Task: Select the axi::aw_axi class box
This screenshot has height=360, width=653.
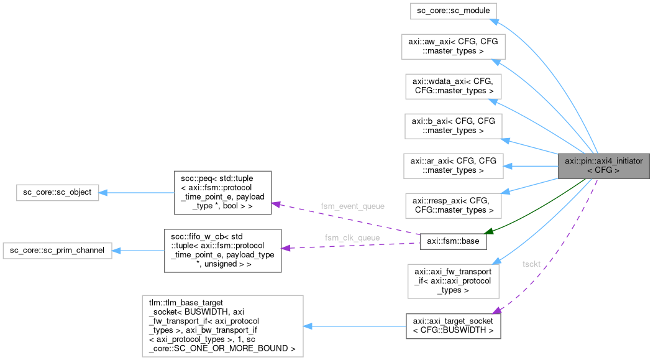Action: point(453,47)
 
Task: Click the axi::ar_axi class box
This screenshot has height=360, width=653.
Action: point(453,165)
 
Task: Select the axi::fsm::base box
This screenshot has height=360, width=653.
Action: point(453,241)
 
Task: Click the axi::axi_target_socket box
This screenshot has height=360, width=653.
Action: point(453,326)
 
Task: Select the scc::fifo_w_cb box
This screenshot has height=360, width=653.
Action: point(222,251)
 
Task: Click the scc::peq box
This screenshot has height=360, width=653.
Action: point(222,193)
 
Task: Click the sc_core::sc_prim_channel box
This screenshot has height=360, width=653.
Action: point(57,251)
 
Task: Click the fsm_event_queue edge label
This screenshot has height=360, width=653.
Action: point(352,206)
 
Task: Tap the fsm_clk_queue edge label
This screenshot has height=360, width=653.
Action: point(352,238)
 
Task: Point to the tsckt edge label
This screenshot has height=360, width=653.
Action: point(531,264)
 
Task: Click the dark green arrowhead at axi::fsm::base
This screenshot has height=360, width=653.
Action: point(490,232)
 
